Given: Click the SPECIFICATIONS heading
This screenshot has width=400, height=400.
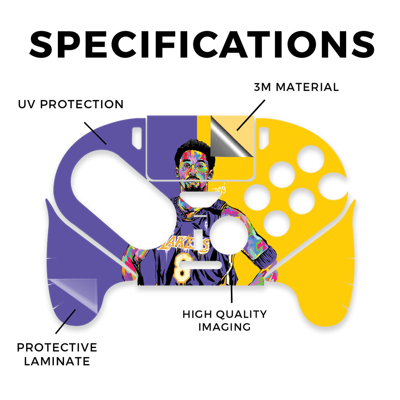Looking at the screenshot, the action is tap(202, 45).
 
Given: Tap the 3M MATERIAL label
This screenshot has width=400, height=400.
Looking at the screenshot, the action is tap(296, 87).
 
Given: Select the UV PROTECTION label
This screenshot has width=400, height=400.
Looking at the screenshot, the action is tap(71, 104).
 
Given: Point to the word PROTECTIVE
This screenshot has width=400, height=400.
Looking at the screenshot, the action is tap(57, 347).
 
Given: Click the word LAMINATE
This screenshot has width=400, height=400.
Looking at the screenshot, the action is tap(57, 361).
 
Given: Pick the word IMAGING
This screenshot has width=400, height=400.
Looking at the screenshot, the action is tap(225, 327).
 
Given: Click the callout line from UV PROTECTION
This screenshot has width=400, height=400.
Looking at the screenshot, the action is tap(95, 134).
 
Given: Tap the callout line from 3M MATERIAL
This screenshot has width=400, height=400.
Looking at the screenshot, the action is tap(251, 115).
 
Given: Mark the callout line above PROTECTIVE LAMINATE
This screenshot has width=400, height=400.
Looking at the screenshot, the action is tap(66, 321).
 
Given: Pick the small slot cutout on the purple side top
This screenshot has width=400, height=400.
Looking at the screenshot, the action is tap(137, 138).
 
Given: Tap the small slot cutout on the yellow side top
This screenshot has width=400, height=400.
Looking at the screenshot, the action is tap(264, 138).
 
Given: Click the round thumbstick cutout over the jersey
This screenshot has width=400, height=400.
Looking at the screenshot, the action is tap(228, 235).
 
